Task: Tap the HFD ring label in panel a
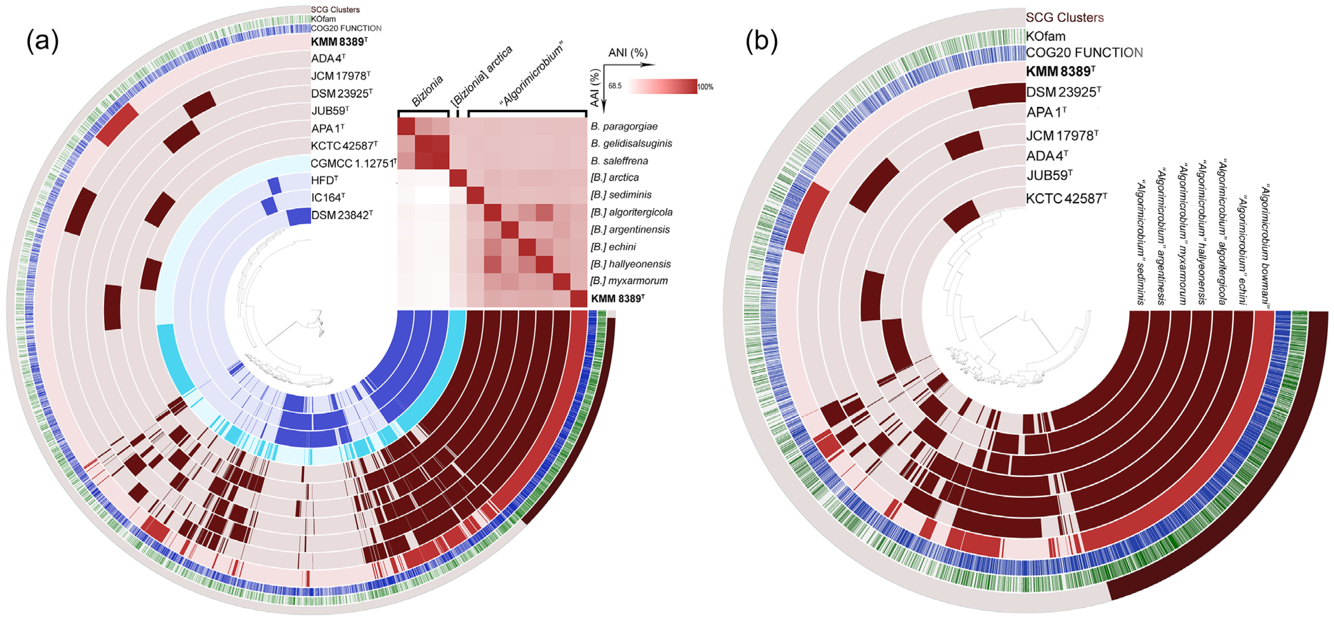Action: point(325,181)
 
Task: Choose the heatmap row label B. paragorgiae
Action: point(624,126)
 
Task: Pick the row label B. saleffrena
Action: point(619,161)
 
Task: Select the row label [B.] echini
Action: point(613,247)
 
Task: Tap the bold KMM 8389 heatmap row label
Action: point(617,299)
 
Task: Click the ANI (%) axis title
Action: point(628,53)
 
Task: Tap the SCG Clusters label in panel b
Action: point(1064,17)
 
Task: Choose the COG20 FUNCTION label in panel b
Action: point(1084,53)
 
